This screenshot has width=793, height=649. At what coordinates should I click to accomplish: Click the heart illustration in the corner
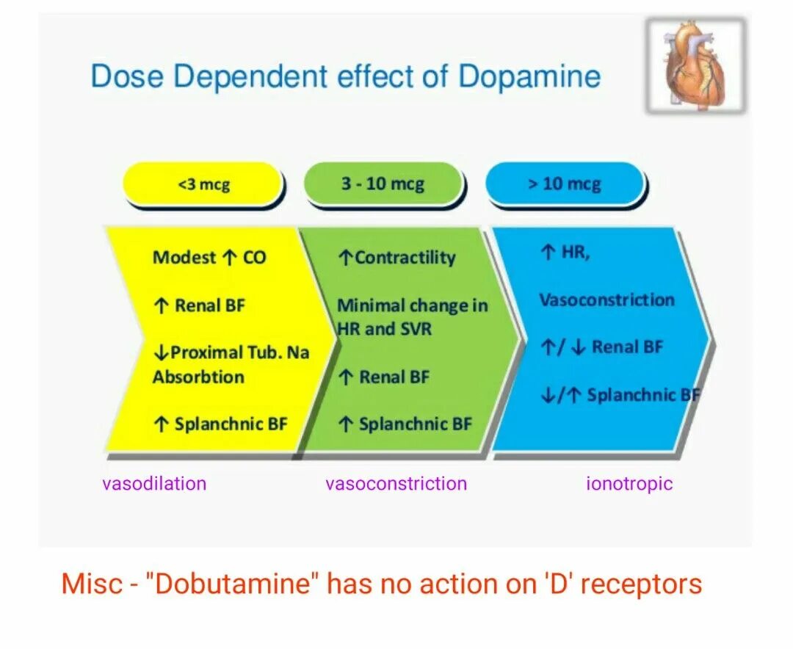tap(695, 66)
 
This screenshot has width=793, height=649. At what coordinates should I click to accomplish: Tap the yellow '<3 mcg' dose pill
tap(203, 184)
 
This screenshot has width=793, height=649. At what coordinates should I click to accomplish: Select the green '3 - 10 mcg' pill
tap(383, 184)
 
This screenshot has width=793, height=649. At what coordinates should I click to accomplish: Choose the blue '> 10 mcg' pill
tap(564, 184)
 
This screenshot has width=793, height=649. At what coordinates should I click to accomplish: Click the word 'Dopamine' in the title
tap(529, 77)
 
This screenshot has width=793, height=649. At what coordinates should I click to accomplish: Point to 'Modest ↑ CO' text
tap(209, 258)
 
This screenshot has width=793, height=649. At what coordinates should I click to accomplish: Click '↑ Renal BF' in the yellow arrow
tap(199, 305)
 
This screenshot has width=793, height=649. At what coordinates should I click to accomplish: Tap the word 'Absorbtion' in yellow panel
tap(198, 377)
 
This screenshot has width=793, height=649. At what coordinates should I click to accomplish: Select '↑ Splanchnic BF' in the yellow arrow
tap(220, 424)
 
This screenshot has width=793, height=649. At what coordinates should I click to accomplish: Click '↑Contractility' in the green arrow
tap(396, 258)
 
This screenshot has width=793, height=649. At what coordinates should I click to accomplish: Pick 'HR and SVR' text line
tap(385, 329)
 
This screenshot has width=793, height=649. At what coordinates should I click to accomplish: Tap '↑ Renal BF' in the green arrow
tap(383, 377)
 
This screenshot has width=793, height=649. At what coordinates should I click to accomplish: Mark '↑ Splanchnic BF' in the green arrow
tap(405, 424)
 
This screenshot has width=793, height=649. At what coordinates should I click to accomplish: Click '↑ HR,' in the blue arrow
tap(565, 253)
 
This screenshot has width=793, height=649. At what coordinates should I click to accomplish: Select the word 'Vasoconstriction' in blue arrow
tap(606, 300)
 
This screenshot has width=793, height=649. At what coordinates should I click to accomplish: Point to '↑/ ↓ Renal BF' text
tap(601, 347)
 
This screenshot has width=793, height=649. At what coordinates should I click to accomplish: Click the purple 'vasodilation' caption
tap(154, 483)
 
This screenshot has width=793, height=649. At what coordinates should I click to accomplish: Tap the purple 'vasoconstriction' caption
tap(396, 483)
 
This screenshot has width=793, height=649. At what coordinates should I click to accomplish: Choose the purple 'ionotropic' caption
tap(629, 483)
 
